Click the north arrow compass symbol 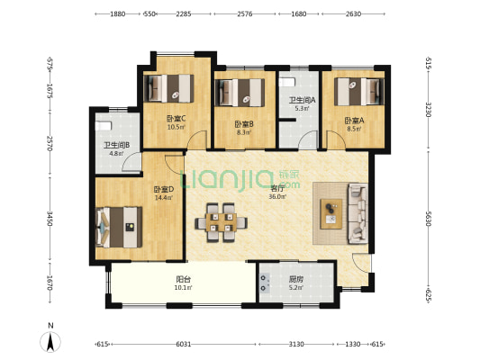50,342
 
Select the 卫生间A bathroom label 303,100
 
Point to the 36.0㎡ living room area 277,197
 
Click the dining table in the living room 221,222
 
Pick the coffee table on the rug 331,214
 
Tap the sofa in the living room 358,213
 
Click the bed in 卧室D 119,227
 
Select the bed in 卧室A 359,92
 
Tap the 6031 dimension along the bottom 184,344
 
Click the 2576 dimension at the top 245,13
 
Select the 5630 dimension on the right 429,219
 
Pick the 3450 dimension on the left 50,219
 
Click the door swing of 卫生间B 132,162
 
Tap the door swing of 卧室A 336,139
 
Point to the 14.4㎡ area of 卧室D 164,198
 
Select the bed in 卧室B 240,93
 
